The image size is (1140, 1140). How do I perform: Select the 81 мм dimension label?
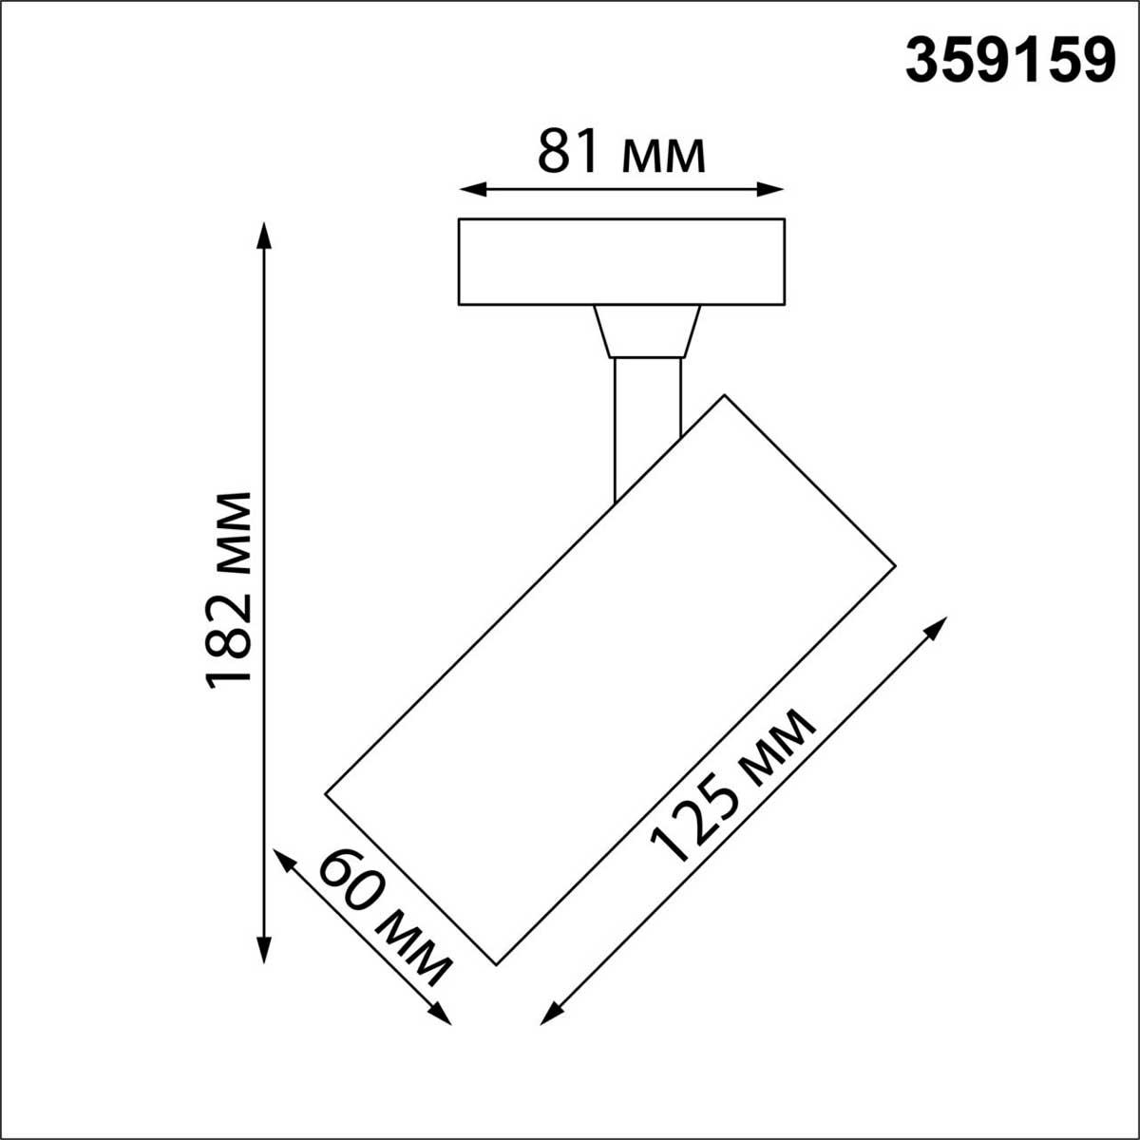(621, 152)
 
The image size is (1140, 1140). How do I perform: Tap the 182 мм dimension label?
(229, 589)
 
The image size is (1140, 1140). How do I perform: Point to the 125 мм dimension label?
(731, 788)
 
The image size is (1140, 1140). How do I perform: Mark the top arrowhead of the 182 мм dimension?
(264, 234)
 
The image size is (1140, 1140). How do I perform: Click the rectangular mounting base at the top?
(621, 261)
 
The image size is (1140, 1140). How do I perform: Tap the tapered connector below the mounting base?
(647, 331)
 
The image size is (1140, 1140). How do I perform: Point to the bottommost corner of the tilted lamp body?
(497, 964)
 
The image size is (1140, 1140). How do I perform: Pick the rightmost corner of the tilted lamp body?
(895, 567)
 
